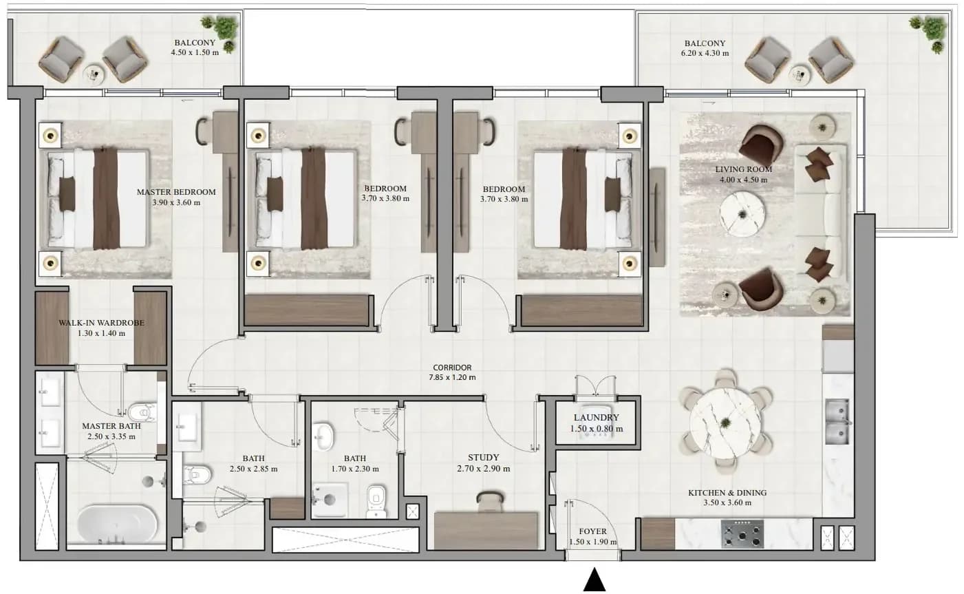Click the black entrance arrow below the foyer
[595, 580]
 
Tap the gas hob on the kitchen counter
[742, 533]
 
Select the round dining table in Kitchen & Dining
[726, 423]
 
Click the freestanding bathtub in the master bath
[117, 524]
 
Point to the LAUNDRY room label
[596, 418]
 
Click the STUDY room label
[483, 457]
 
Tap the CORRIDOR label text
[452, 368]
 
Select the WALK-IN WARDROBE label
[102, 323]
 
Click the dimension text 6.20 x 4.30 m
[705, 54]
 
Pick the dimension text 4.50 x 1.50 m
[195, 52]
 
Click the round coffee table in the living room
[742, 214]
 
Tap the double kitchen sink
[837, 422]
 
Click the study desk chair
[490, 502]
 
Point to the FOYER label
[592, 531]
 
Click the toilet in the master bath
[142, 412]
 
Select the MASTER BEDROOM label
[176, 192]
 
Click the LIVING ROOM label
[744, 169]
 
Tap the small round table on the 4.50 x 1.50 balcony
[94, 74]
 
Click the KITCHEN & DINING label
[727, 493]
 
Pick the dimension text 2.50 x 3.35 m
[111, 436]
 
